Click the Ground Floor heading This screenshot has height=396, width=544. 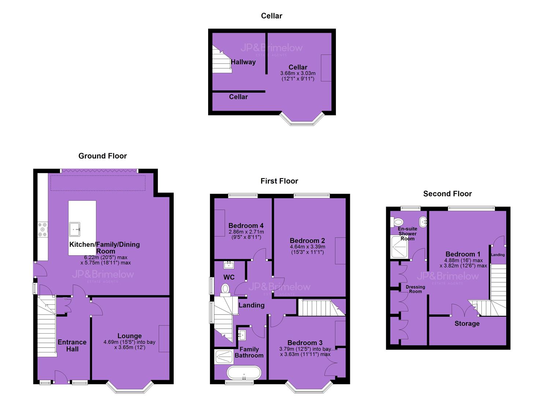pos(103,156)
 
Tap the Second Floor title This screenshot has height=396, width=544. pos(447,194)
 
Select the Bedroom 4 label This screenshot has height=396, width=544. pos(246,225)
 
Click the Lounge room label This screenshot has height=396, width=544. pos(129,336)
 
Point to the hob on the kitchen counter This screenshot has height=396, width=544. pos(43,230)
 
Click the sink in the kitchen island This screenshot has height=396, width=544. pos(75,229)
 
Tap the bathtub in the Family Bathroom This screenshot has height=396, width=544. pos(244,373)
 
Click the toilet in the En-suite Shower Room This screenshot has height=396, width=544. pos(397,222)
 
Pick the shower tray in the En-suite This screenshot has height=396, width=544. pos(400,247)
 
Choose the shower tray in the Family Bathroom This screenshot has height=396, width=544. pos(224,357)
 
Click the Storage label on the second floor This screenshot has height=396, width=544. pos(467,323)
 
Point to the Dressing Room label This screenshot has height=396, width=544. pos(415,289)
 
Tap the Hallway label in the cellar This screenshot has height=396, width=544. pos(243,62)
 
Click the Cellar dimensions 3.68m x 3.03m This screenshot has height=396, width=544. pos(298,73)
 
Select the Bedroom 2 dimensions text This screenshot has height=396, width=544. pos(307,249)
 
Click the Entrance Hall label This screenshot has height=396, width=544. pos(72,345)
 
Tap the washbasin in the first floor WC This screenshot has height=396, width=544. pos(229,265)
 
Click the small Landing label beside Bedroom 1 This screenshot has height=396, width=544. pos(498,255)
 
